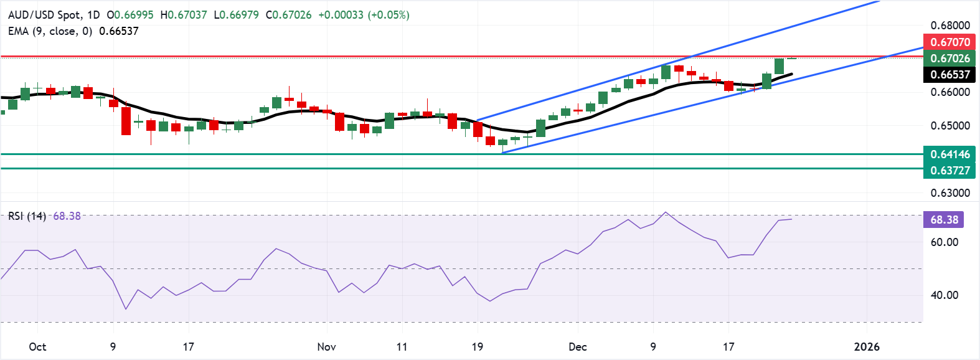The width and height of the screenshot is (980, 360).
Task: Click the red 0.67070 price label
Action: click(950, 42)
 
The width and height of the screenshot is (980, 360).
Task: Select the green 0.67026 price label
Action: click(950, 58)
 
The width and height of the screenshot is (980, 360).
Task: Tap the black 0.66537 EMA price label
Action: click(950, 75)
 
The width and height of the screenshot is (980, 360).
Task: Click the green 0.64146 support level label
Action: click(950, 154)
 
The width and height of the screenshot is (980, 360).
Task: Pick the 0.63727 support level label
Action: click(950, 170)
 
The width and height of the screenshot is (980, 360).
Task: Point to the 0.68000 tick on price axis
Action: click(950, 26)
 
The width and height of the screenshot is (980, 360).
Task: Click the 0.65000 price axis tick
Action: click(950, 125)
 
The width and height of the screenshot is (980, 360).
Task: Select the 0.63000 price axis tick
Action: click(950, 192)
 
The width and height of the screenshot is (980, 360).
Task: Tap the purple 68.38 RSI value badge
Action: click(944, 219)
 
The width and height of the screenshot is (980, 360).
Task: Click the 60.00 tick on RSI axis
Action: click(944, 242)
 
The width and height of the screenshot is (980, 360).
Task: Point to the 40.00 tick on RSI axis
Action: click(944, 295)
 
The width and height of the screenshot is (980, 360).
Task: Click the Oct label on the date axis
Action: click(37, 346)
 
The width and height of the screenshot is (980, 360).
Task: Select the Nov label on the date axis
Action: click(326, 346)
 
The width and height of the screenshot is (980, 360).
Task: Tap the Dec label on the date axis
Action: click(578, 346)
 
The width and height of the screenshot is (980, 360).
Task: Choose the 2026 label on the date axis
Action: click(867, 346)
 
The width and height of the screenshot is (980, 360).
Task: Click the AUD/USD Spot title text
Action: click(47, 14)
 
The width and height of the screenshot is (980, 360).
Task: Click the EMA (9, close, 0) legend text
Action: click(50, 31)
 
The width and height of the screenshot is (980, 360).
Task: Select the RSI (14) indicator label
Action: click(27, 216)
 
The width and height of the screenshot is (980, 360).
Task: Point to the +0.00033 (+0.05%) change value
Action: click(364, 14)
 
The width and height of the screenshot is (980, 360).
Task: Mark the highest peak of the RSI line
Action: click(666, 212)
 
